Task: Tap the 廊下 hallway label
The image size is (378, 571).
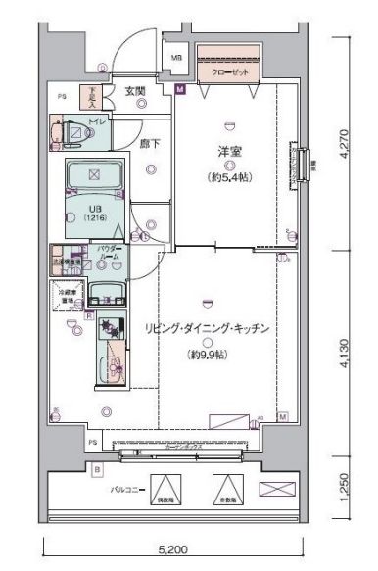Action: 150,145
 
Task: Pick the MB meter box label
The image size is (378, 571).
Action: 177,58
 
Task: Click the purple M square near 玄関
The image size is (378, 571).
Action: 180,90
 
